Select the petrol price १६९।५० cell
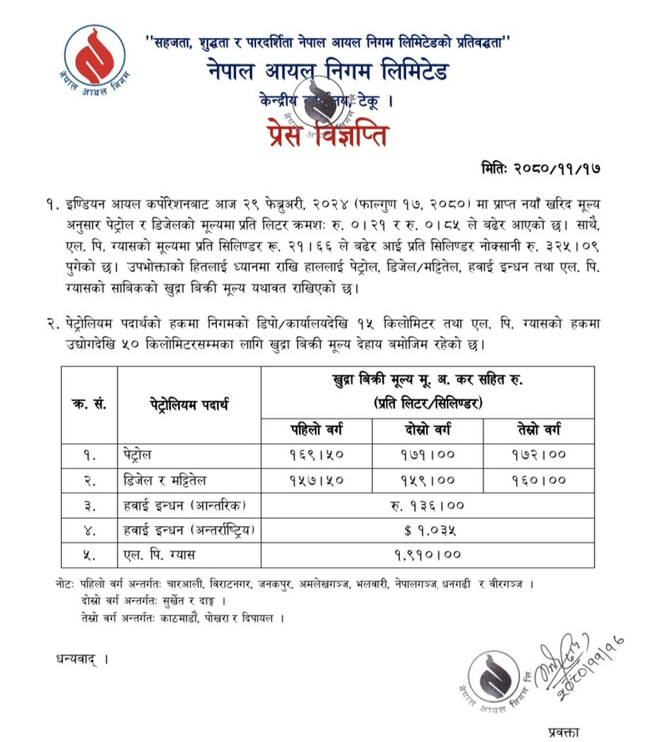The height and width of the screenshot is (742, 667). click(x=316, y=455)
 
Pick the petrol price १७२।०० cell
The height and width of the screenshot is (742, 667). click(x=539, y=455)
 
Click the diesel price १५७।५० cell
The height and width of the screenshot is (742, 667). click(x=316, y=480)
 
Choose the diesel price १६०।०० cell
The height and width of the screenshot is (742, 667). click(x=539, y=480)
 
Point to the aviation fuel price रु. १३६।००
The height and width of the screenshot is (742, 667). click(x=427, y=506)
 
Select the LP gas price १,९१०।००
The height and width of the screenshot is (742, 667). click(x=427, y=555)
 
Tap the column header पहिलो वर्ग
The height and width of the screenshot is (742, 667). click(x=316, y=430)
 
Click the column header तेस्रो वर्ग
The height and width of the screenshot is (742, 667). click(x=539, y=430)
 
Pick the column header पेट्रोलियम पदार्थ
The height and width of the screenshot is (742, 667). click(x=189, y=405)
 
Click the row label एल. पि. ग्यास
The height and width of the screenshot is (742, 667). click(x=159, y=555)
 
